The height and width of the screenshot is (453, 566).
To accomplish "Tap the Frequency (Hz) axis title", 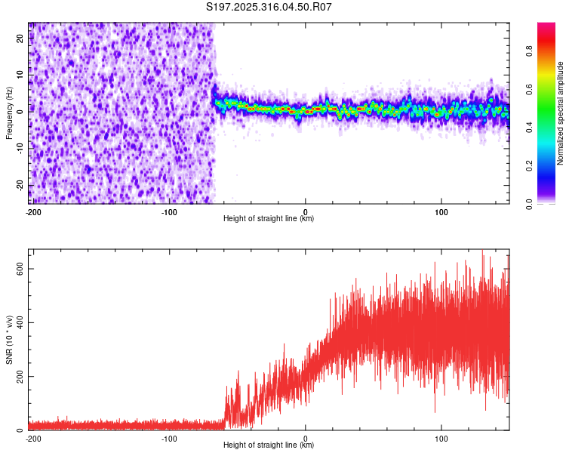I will click(x=9, y=113).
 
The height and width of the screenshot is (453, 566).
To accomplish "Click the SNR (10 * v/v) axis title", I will click(x=9, y=340).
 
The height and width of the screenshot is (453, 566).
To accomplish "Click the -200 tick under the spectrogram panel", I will click(x=33, y=211).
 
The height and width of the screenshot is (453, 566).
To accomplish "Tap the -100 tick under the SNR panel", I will click(x=169, y=438).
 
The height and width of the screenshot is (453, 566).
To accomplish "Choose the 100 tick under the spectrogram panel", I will click(x=441, y=211).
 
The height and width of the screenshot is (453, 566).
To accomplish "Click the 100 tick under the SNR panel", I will click(x=441, y=438).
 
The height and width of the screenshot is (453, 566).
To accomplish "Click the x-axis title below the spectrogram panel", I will click(x=269, y=219).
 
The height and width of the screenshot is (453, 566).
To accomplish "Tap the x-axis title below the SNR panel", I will click(x=269, y=445).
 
